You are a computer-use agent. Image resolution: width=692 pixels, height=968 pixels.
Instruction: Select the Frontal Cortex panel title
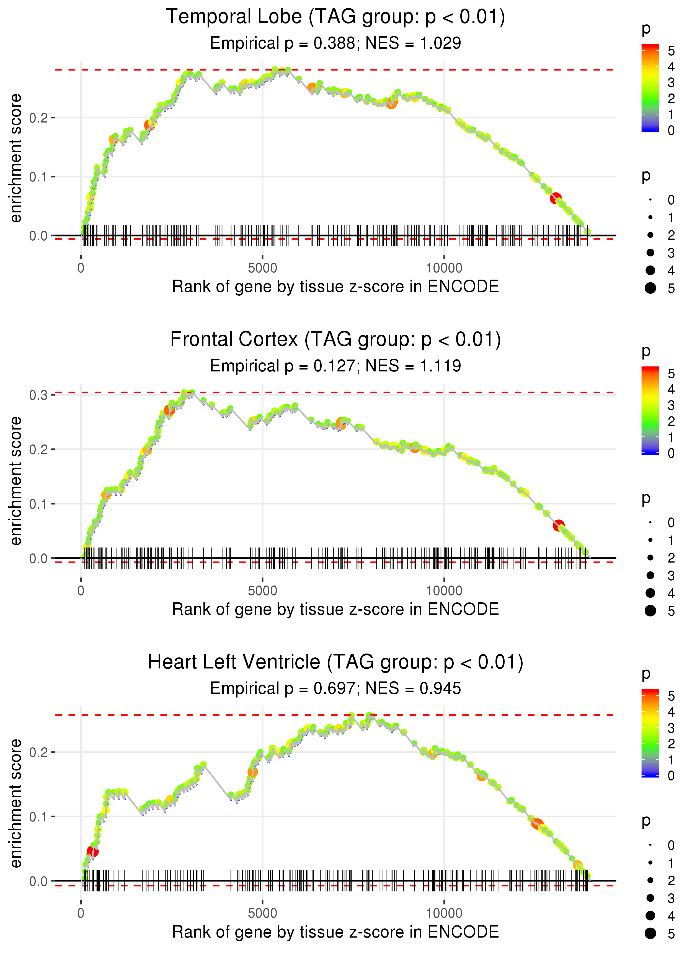click(x=335, y=340)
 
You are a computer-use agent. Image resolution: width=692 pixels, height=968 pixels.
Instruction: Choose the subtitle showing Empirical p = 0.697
click(x=335, y=689)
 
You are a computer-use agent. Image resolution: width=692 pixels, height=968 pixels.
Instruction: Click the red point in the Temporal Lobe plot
click(x=555, y=198)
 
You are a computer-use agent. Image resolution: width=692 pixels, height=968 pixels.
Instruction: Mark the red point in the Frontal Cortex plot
click(x=559, y=525)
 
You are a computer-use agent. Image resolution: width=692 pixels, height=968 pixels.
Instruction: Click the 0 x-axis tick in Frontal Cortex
click(x=81, y=591)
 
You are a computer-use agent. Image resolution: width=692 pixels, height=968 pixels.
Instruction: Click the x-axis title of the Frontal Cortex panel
click(x=335, y=610)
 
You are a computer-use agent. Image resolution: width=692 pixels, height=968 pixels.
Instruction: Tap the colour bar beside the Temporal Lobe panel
click(x=650, y=88)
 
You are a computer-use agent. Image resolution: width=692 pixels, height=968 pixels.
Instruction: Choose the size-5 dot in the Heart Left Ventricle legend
click(x=650, y=933)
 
